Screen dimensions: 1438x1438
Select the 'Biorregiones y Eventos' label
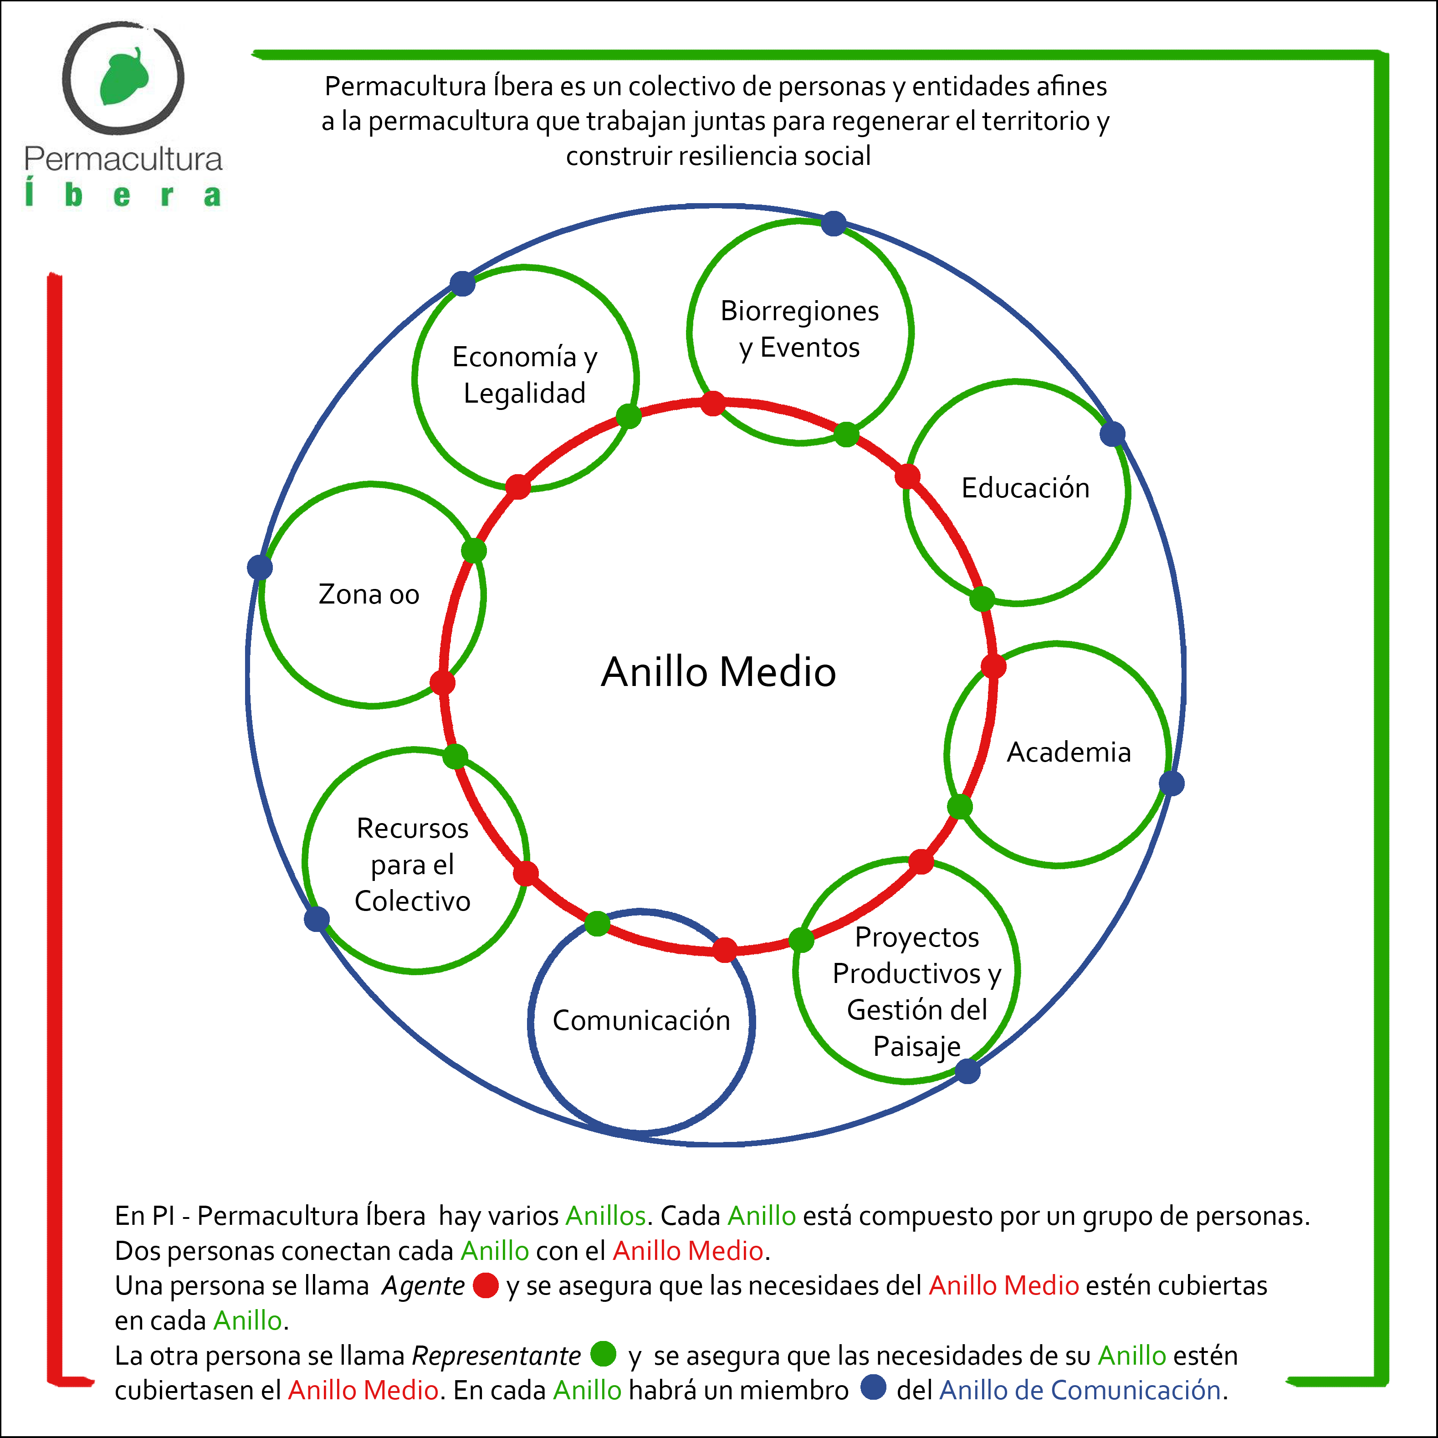799,329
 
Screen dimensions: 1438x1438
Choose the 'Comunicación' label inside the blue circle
641,1020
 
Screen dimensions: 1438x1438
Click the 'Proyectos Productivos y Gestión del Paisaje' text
916,992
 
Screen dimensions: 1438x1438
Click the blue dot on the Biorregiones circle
834,223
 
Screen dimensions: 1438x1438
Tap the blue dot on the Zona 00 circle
260,567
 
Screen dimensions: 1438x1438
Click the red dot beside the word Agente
485,1285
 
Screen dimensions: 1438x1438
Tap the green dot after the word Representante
603,1354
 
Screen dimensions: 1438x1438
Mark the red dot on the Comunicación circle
724,950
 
